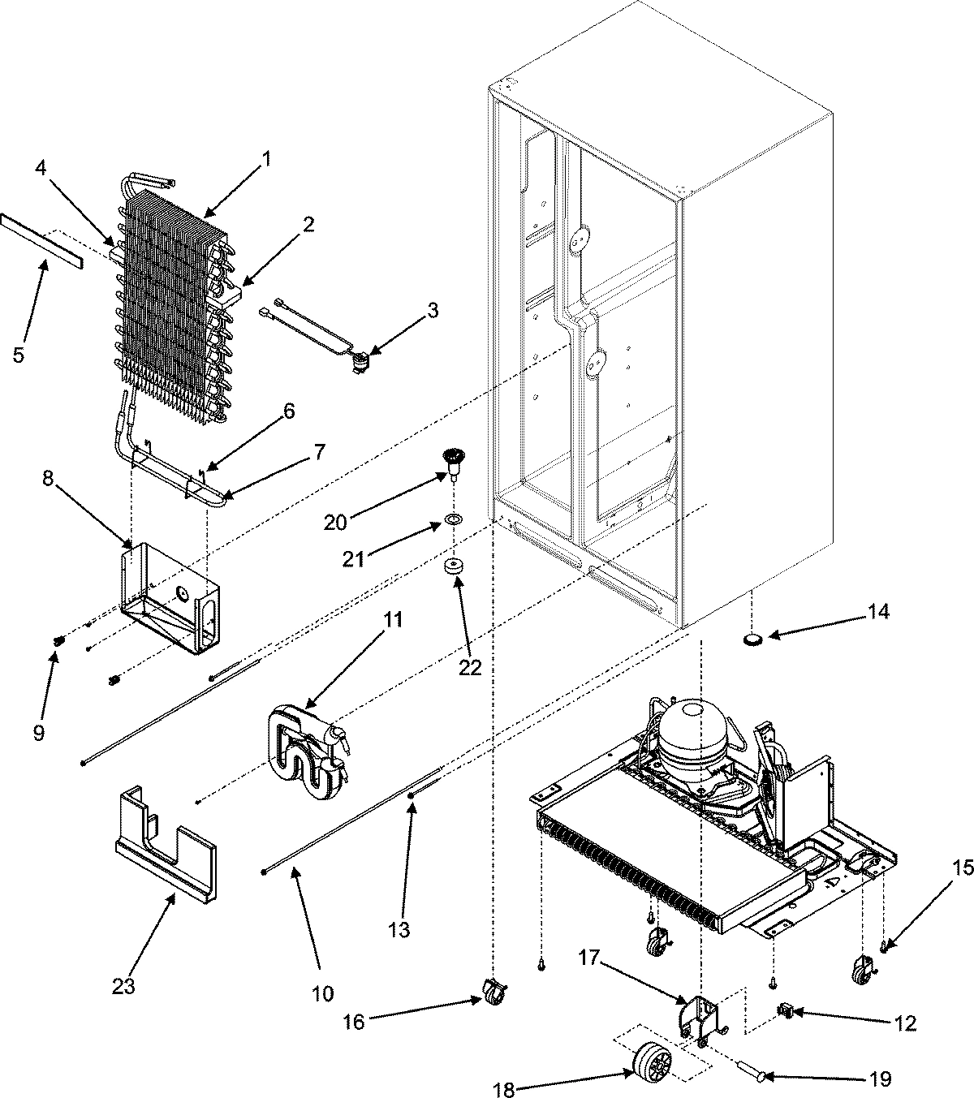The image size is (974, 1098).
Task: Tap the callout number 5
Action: point(19,355)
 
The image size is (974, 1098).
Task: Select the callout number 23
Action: point(124,987)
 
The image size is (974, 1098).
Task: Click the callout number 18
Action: point(504,1068)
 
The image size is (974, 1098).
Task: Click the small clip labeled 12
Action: point(786,1010)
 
